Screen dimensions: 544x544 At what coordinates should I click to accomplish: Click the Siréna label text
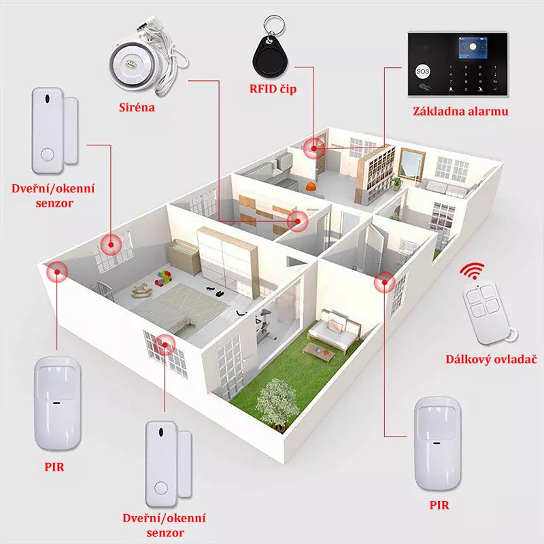point(134,107)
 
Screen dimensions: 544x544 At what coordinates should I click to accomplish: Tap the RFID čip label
point(273,89)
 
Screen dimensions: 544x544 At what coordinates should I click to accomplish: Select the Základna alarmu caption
point(460,111)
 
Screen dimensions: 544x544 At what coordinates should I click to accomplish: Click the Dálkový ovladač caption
point(491,358)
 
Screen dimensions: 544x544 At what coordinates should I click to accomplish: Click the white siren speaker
point(133,63)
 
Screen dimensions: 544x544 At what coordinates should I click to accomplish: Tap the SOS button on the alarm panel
point(419,70)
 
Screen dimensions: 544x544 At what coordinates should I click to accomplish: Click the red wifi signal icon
point(472,272)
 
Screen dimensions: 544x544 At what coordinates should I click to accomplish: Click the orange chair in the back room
point(310,186)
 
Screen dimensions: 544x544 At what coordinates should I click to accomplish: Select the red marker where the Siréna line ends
point(296,220)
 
